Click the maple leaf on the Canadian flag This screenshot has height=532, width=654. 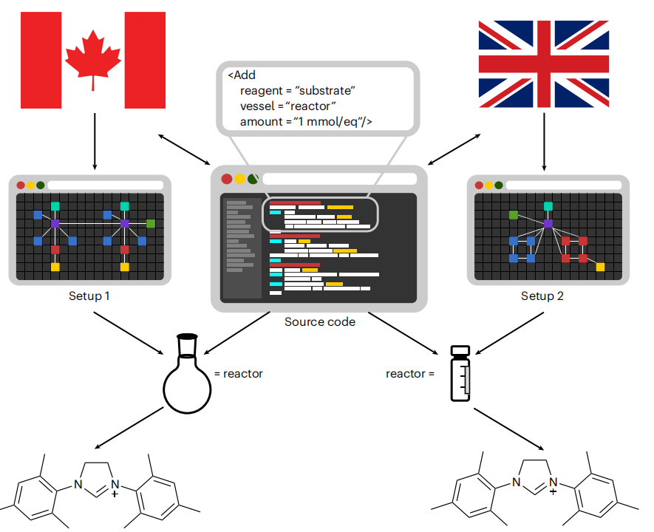(x=93, y=59)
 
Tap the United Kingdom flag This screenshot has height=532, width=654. (x=545, y=64)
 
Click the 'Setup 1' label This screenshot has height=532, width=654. (x=89, y=296)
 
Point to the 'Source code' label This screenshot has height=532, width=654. (x=319, y=322)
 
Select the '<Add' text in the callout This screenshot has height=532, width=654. (x=241, y=75)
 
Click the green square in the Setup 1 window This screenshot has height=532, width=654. (x=150, y=223)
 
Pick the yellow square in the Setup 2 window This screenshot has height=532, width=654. (x=600, y=267)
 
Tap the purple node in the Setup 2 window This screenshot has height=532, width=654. (x=548, y=223)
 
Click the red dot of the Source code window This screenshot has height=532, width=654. (x=226, y=179)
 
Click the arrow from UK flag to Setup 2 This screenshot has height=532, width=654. (x=545, y=140)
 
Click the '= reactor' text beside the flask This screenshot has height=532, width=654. (x=238, y=374)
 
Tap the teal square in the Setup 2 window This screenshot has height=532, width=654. (x=548, y=206)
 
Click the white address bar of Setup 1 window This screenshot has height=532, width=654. (x=105, y=185)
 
